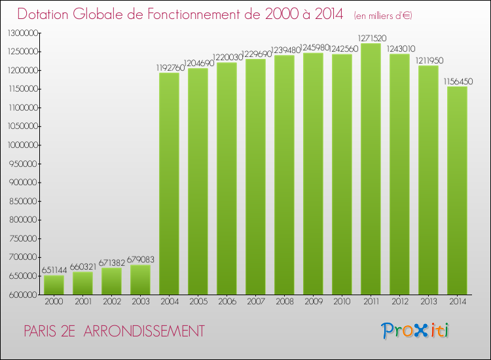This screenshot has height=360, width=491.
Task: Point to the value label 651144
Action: click(x=54, y=270)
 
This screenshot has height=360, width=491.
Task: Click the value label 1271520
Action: click(x=371, y=38)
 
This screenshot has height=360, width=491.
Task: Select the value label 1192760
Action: click(x=169, y=67)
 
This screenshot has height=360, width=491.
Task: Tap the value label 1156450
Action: click(x=457, y=81)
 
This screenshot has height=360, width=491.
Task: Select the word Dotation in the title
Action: click(x=46, y=14)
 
